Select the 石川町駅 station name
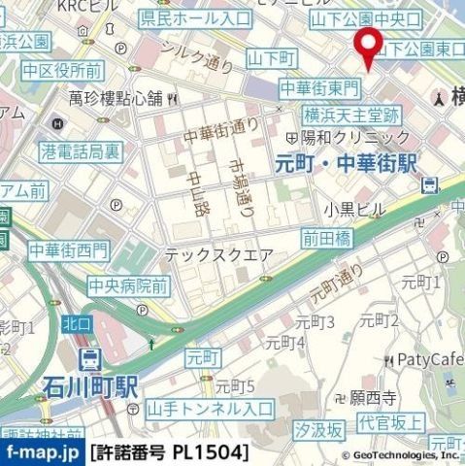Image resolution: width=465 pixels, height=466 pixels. [x=90, y=387]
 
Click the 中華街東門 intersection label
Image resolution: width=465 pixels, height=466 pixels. [x=318, y=88]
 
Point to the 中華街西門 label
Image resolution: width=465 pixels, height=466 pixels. [x=68, y=250]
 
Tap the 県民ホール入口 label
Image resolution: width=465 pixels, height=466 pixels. [x=194, y=18]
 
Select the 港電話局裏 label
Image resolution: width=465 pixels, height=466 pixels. [x=82, y=151]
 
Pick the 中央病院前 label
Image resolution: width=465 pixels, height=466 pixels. [x=128, y=285]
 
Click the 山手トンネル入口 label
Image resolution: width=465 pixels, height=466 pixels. [x=211, y=409]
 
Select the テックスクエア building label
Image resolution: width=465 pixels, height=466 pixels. [x=212, y=255]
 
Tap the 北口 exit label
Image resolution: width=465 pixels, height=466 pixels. [x=78, y=323]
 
